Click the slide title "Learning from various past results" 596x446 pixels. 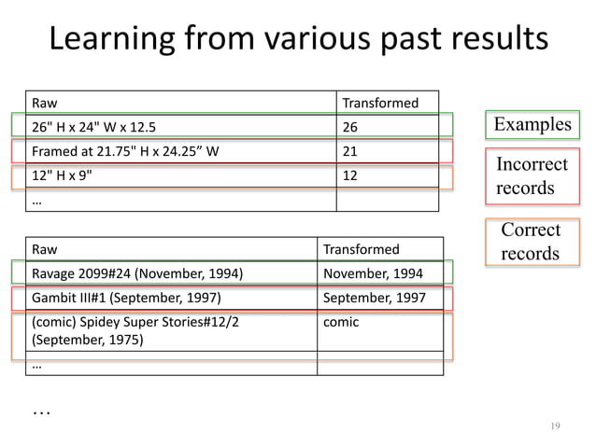(x=298, y=41)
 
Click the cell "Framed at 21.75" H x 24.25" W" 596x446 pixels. (x=182, y=150)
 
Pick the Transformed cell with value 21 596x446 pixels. (x=387, y=150)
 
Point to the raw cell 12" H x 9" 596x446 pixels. (x=182, y=174)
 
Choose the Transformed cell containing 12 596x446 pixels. (x=387, y=174)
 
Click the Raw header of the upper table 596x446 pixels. (x=182, y=102)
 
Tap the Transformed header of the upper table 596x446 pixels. (x=387, y=102)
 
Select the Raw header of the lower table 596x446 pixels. (x=172, y=249)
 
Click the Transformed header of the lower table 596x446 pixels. (x=379, y=249)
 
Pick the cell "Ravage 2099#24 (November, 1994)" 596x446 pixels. (x=172, y=273)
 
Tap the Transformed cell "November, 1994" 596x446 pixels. (x=379, y=273)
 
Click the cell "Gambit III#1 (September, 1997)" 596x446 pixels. (x=172, y=299)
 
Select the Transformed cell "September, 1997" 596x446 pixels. (x=379, y=299)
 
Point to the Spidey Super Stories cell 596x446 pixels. (x=172, y=330)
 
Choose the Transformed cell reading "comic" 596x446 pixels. (x=379, y=330)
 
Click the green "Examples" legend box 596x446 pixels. (x=531, y=125)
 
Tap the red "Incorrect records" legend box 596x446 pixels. (x=532, y=176)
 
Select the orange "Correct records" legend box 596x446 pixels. (x=531, y=242)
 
